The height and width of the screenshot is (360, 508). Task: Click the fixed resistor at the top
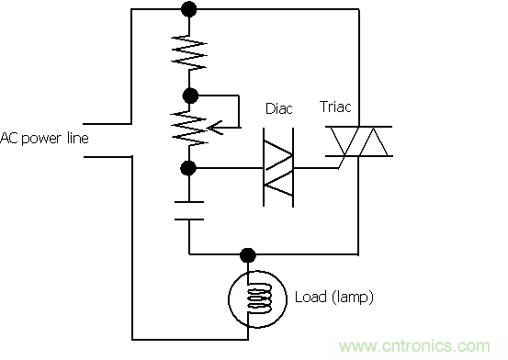coord(189,52)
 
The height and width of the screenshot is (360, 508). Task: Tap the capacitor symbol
coord(189,209)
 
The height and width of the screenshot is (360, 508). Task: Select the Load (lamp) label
coord(333,298)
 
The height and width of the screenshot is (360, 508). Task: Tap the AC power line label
coord(44,138)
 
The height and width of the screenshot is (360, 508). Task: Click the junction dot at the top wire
coord(189,11)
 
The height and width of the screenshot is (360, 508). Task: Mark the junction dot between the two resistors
coord(189,94)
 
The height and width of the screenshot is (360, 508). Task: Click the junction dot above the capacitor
coord(189,168)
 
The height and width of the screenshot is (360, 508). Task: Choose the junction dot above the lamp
coord(246,253)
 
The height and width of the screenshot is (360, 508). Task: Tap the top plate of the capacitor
coord(189,199)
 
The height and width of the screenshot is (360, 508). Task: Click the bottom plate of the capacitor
coord(189,219)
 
